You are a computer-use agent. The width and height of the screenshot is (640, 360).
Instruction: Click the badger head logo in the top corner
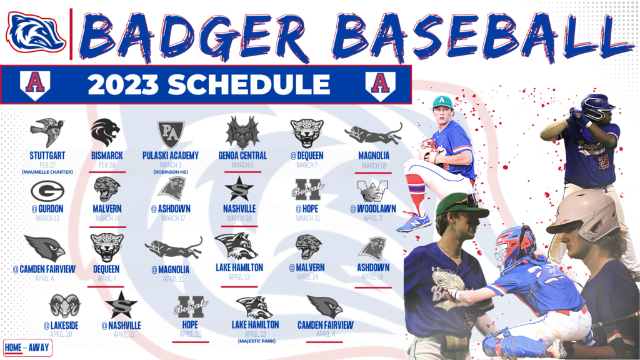point(36,32)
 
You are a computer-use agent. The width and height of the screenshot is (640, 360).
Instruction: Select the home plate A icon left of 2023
point(35,84)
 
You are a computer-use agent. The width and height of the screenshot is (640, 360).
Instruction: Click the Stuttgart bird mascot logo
point(47,132)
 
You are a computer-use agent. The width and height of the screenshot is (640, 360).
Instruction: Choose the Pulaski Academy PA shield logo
point(170,134)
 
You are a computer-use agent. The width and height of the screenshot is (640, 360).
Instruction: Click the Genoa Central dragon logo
point(242,132)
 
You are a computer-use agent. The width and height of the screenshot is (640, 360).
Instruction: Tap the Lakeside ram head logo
point(64,306)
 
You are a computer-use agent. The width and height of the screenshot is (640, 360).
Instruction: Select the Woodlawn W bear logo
point(372,190)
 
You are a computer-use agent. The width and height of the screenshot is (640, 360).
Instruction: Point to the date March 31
point(309,218)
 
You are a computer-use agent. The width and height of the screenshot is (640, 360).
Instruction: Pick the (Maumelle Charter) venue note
point(47,171)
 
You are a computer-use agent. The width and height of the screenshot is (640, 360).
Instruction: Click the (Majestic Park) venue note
point(255,341)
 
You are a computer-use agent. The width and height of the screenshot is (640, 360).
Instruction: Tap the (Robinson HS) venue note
point(170,171)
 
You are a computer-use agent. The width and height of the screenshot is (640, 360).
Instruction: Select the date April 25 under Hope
point(190,334)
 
